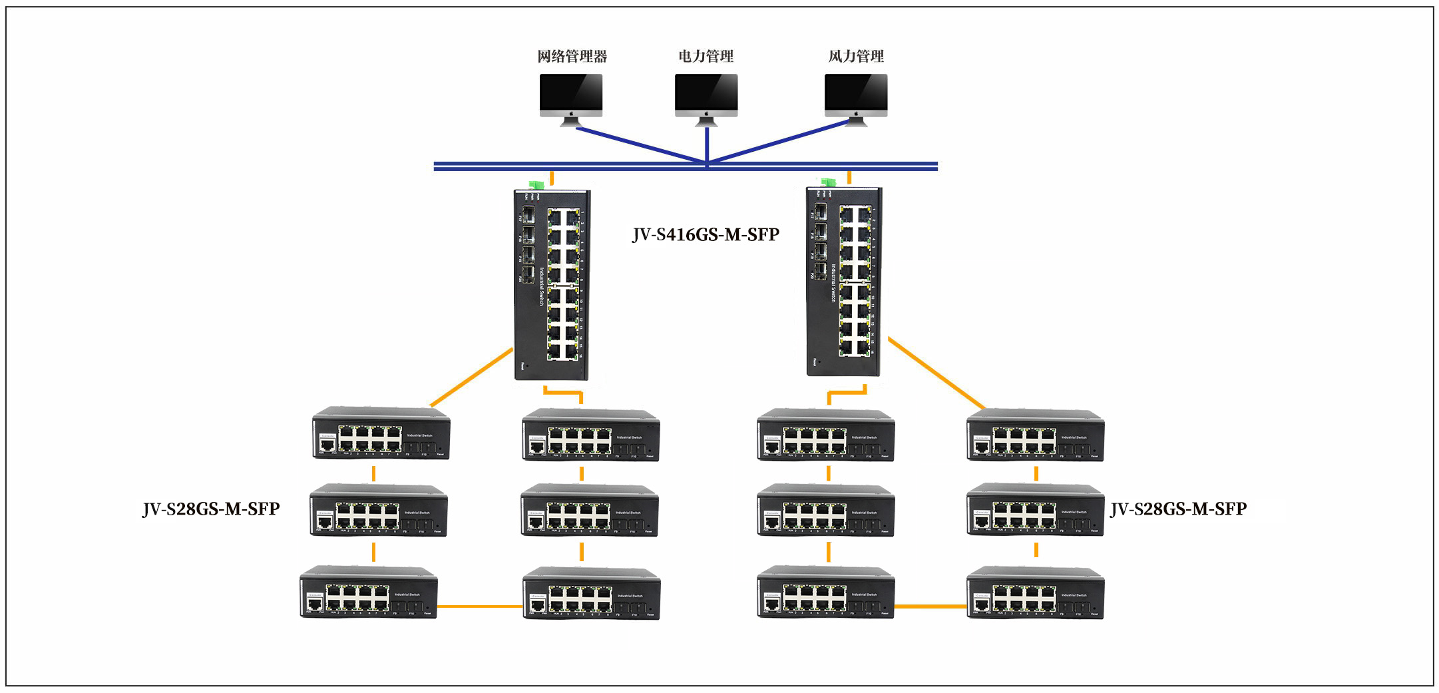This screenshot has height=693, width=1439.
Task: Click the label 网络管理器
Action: (572, 57)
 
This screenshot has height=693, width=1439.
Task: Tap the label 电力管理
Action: (706, 57)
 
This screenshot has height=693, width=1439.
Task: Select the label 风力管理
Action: (856, 57)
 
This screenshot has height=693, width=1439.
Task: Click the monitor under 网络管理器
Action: (571, 97)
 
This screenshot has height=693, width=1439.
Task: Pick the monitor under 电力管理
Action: (706, 97)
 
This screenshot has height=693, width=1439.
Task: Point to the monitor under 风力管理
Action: (856, 97)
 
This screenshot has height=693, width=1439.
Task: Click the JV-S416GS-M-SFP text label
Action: (706, 235)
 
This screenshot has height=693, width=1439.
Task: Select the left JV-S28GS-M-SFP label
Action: (211, 509)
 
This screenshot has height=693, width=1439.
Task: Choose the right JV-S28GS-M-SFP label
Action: (1178, 509)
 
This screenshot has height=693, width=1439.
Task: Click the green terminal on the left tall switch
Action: (536, 184)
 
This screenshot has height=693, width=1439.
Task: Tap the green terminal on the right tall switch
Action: (829, 182)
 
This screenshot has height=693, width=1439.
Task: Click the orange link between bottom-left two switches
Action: (480, 606)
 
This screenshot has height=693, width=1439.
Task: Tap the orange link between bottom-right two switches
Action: (930, 606)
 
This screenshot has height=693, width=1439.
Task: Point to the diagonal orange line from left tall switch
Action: (471, 377)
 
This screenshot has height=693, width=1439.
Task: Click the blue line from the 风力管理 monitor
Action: (779, 142)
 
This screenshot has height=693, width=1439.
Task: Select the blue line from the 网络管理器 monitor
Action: (639, 144)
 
